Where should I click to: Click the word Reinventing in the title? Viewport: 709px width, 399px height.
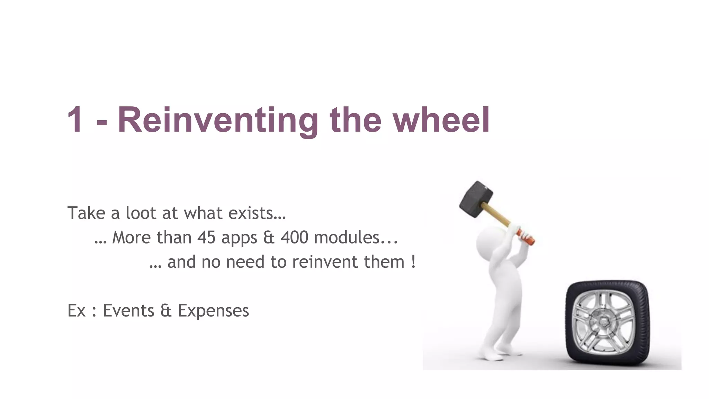pyautogui.click(x=218, y=120)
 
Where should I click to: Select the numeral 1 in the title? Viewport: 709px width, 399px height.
pyautogui.click(x=75, y=120)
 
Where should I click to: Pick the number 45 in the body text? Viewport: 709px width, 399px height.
pyautogui.click(x=207, y=238)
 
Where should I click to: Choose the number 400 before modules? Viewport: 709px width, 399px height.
pyautogui.click(x=294, y=238)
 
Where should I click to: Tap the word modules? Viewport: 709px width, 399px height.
pyautogui.click(x=347, y=238)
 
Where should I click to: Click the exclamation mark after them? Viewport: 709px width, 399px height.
pyautogui.click(x=413, y=262)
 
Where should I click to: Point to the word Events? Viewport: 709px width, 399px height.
pyautogui.click(x=128, y=310)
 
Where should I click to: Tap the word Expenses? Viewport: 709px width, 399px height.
pyautogui.click(x=213, y=311)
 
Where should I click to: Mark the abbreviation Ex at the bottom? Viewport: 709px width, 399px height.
pyautogui.click(x=77, y=310)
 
